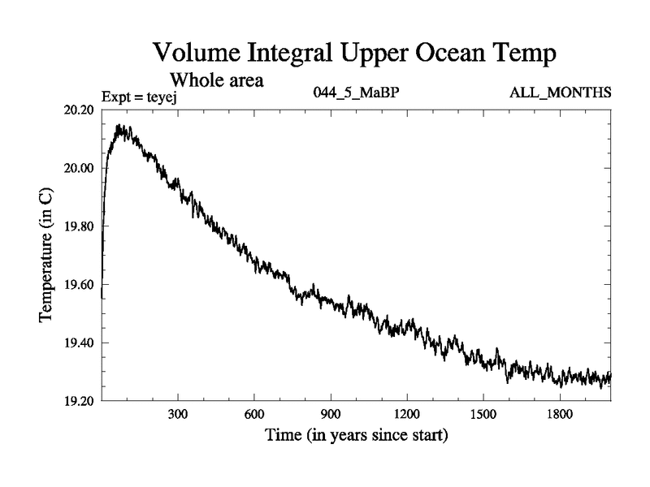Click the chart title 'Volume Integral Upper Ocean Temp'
coord(355,55)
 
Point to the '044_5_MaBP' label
coord(356,93)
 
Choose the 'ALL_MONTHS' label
coord(560,93)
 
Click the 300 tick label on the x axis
coord(178,414)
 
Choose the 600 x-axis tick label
coord(254,414)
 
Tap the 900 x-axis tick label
coord(331,414)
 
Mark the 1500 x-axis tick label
coord(483,414)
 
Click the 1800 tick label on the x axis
coord(559,414)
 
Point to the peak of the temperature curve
coord(119,126)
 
